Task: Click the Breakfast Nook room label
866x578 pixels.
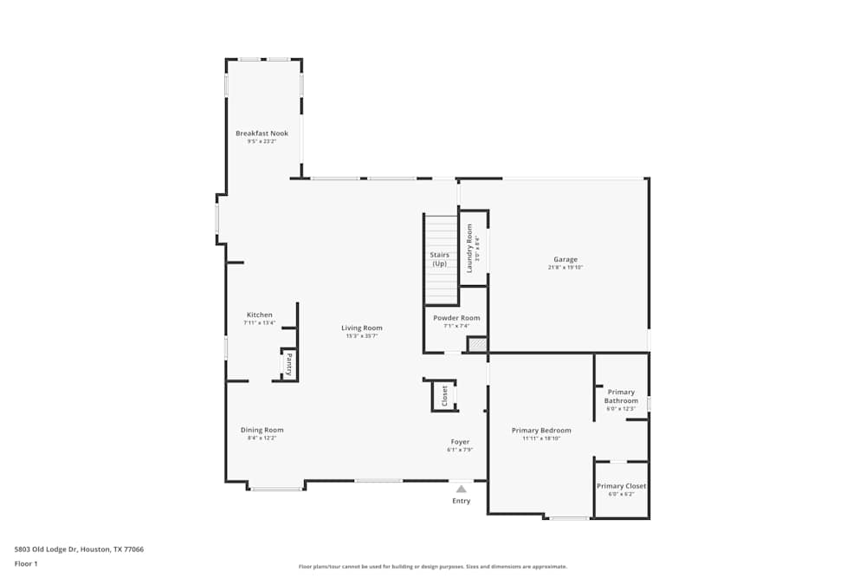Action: click(x=262, y=133)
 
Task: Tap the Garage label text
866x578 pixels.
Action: click(x=565, y=259)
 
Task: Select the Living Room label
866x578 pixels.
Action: click(x=361, y=328)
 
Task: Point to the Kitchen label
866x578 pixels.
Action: click(x=259, y=315)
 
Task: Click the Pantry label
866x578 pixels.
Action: click(x=289, y=363)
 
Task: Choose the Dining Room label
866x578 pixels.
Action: click(x=262, y=430)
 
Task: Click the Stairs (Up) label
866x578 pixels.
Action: click(x=440, y=259)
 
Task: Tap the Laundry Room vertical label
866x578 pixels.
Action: click(x=470, y=249)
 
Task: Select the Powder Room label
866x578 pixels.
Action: click(x=456, y=318)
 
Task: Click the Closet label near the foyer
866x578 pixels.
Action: click(x=445, y=396)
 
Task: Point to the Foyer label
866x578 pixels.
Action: click(x=460, y=442)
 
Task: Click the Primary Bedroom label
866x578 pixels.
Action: click(x=541, y=431)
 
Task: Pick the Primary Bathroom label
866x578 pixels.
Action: click(x=621, y=397)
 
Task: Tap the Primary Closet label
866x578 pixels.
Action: click(x=621, y=486)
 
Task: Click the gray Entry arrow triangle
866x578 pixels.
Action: click(x=461, y=489)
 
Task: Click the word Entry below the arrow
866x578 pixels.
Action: click(x=461, y=501)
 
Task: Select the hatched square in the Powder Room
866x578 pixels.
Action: click(x=477, y=345)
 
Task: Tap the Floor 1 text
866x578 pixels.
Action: click(x=26, y=563)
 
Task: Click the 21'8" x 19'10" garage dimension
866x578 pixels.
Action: click(x=565, y=268)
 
